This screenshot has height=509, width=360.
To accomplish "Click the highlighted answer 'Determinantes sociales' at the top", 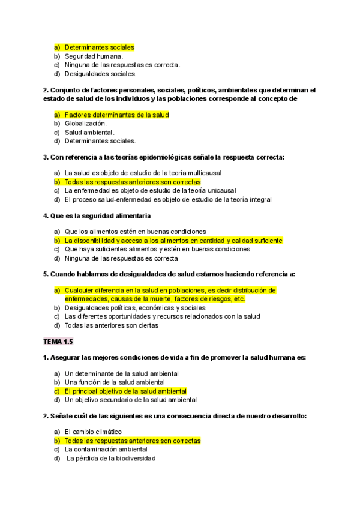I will point(99,47).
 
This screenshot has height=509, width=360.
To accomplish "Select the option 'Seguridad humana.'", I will point(93,56).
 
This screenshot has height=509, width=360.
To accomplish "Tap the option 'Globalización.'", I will point(86,123).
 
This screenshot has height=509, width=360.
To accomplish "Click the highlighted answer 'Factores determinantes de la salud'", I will point(116,114).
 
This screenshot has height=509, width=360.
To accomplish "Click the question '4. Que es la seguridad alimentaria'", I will point(97,215).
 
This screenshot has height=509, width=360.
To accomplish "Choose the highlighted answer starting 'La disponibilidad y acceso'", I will point(173,240).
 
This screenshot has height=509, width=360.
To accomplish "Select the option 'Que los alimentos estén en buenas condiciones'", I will point(135,231).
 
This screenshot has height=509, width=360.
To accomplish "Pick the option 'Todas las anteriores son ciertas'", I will point(111,325).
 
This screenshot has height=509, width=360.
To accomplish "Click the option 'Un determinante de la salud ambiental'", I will point(118,373).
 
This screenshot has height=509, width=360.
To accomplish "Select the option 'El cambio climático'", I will point(92,431).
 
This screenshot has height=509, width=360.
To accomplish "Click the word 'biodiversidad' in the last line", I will point(133,458).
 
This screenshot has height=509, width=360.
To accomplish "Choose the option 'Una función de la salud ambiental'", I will point(114,382).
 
